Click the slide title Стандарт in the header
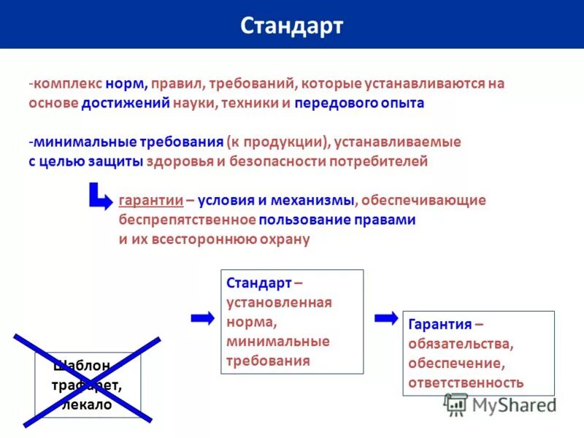(x=291, y=26)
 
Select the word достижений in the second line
(x=126, y=103)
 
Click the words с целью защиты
(x=85, y=161)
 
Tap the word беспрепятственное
(x=187, y=219)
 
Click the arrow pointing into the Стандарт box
(x=202, y=318)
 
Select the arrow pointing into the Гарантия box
(x=385, y=318)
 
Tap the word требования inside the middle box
(x=268, y=360)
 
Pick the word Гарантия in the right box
(x=436, y=324)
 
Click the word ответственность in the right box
(x=466, y=382)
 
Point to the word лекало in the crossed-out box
(x=88, y=405)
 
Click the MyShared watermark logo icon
(x=456, y=404)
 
